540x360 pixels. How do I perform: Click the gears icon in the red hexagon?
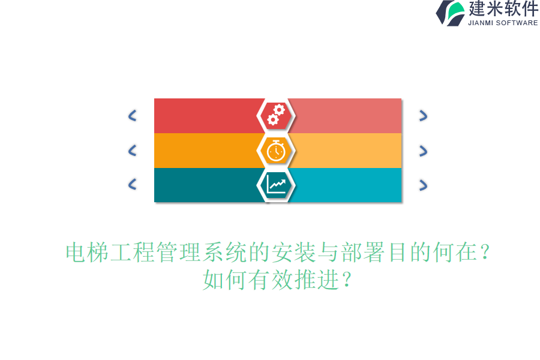point(276,115)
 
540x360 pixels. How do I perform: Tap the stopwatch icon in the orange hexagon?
point(276,150)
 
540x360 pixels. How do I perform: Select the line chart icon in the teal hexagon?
point(276,184)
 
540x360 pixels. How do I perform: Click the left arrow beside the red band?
point(132,116)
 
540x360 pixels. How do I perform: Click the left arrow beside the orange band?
point(132,151)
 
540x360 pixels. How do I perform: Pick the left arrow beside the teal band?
point(132,185)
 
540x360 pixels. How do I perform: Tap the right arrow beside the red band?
point(423,116)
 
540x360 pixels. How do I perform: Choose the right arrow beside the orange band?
point(423,151)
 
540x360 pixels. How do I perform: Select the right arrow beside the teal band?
point(423,185)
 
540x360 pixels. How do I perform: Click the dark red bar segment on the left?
point(204,116)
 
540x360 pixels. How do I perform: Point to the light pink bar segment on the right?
point(348,116)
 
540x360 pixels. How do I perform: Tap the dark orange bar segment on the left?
point(204,151)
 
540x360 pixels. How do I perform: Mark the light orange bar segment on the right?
point(348,151)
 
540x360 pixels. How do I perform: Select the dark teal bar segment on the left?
point(204,185)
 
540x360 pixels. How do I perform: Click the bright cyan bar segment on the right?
point(348,185)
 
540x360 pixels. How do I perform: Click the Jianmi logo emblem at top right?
point(451,13)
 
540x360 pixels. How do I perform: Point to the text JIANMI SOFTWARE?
point(503,23)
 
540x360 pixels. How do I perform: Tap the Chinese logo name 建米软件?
point(503,9)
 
